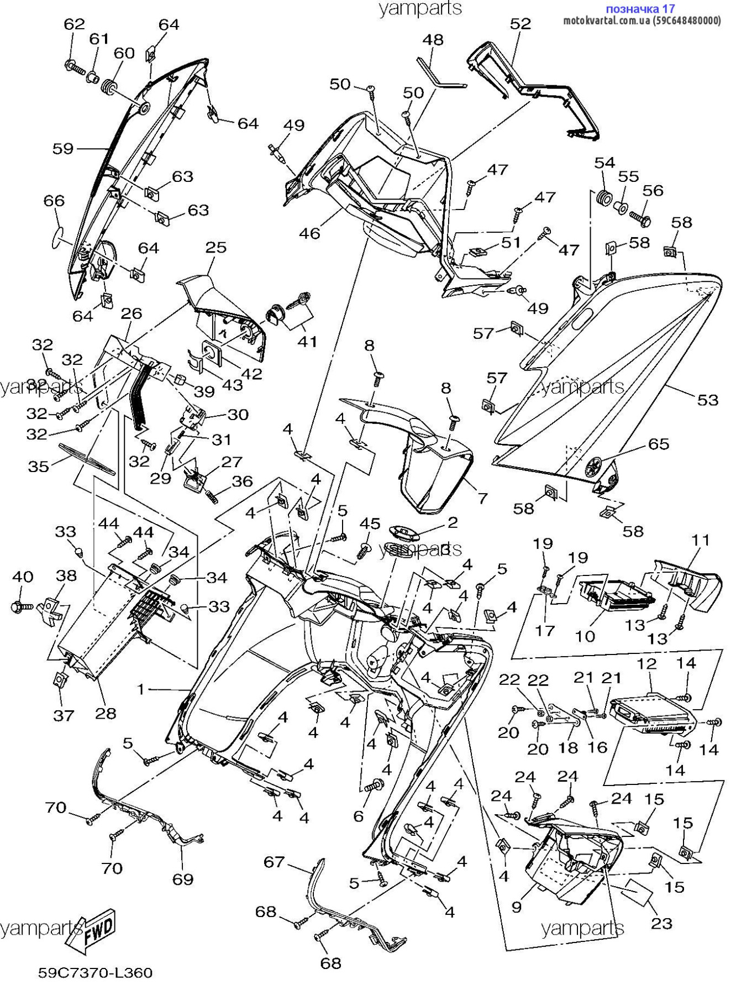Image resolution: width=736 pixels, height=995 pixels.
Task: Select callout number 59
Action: click(63, 149)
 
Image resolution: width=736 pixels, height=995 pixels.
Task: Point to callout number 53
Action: click(708, 400)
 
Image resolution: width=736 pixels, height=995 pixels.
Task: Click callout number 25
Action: click(216, 247)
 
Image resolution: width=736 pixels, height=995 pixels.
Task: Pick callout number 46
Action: click(309, 233)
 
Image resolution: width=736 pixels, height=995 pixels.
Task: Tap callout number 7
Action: click(482, 498)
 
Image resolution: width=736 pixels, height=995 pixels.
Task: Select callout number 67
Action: click(274, 862)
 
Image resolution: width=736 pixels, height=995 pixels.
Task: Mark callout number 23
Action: click(662, 923)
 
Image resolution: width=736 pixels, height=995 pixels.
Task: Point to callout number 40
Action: click(23, 577)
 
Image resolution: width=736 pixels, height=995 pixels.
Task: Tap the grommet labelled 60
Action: click(111, 87)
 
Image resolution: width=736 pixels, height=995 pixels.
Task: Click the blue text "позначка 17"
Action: click(640, 9)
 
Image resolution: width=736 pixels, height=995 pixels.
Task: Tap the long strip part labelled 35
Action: click(87, 459)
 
